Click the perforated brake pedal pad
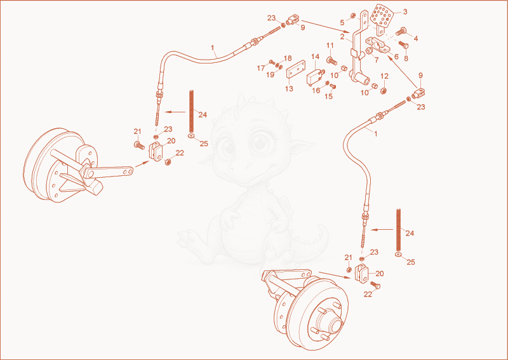[x=382, y=17]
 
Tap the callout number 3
[x=405, y=11]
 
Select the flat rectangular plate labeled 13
[x=296, y=69]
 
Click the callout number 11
[x=330, y=45]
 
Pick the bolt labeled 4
[x=401, y=31]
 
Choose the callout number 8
[x=406, y=58]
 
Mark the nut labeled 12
[x=384, y=90]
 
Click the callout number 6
[x=396, y=57]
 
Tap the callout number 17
[x=261, y=69]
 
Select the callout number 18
[x=288, y=58]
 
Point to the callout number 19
[x=271, y=75]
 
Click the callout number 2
[x=342, y=37]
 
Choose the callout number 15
[x=328, y=97]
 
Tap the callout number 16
[x=316, y=90]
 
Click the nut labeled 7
[x=369, y=51]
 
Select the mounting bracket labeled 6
[x=378, y=44]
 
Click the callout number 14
[x=315, y=57]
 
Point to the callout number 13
[x=289, y=88]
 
